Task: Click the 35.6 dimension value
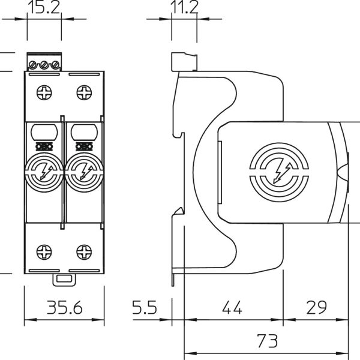click(65, 307)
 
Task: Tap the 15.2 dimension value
click(44, 7)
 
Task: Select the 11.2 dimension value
click(184, 7)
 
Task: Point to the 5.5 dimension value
click(145, 307)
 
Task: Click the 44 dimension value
click(232, 307)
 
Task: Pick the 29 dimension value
click(316, 307)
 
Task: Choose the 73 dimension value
click(268, 340)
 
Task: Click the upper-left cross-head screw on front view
click(44, 92)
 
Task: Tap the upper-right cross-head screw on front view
click(84, 92)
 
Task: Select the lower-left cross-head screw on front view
click(44, 252)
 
